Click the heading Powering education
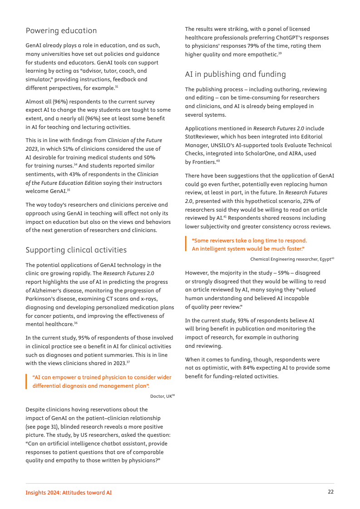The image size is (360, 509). coord(61,31)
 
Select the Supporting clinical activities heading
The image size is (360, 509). coord(76,250)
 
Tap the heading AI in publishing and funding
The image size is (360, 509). coord(235,74)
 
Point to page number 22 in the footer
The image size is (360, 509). coord(330,492)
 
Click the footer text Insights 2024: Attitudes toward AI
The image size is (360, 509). coord(69,493)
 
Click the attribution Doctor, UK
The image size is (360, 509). coord(162,396)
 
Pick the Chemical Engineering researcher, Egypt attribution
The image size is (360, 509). coord(291,259)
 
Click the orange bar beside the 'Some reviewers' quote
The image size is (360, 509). coord(186,244)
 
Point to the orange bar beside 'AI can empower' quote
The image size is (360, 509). coord(27,381)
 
